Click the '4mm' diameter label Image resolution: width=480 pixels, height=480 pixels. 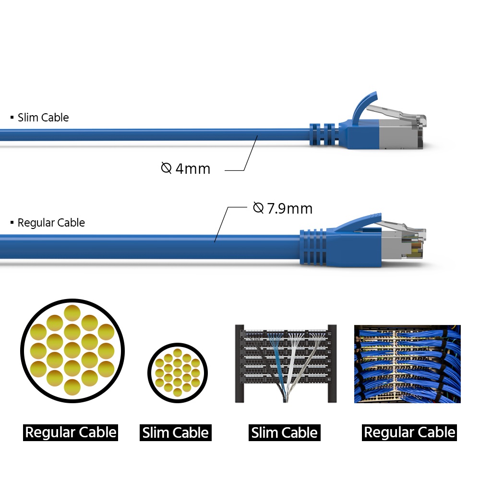pos(193,168)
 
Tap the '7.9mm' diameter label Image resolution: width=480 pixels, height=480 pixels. pos(290,209)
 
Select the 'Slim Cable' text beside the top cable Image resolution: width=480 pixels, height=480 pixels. pos(43,118)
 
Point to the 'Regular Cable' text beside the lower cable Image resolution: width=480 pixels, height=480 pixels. pos(51,223)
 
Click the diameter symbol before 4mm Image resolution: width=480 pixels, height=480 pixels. pos(166,168)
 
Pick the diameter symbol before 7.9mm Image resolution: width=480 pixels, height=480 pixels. pos(258,208)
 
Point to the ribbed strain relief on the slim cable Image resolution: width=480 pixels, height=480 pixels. pos(324,134)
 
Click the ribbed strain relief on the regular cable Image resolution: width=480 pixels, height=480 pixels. pos(313,246)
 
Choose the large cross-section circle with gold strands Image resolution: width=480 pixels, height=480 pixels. pos(72,350)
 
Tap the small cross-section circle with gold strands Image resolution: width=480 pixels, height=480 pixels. pos(178,373)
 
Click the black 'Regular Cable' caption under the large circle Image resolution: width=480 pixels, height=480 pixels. pos(71,432)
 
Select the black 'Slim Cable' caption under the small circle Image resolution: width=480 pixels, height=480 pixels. pos(175,432)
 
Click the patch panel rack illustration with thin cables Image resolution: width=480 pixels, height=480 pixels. pos(286,364)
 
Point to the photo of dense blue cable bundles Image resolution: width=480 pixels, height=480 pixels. pos(407,364)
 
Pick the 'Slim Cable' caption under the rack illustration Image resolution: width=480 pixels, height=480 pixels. pos(284,432)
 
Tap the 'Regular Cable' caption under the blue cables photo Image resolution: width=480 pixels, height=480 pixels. pos(409,432)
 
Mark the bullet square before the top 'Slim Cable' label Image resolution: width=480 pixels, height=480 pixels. pos(12,117)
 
